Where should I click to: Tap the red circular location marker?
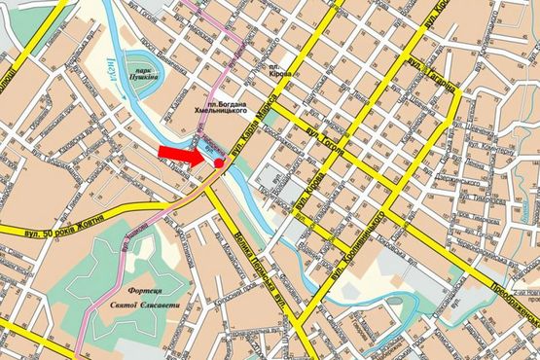click(x=220, y=162)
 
